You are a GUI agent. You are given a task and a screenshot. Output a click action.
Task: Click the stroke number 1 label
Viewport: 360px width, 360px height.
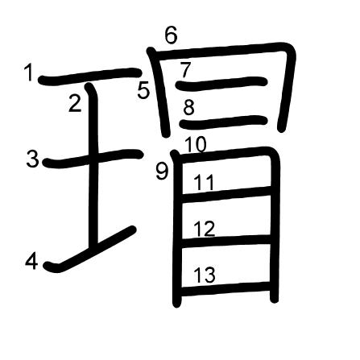[28, 73]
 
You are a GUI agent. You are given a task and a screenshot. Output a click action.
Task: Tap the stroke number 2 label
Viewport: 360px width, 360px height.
[75, 103]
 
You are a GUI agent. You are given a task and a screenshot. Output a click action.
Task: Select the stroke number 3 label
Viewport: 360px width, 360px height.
[33, 159]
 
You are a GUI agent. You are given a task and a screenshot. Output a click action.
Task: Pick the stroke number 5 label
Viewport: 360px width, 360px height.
[143, 90]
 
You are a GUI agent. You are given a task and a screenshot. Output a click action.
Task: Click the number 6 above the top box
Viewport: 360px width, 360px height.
[172, 35]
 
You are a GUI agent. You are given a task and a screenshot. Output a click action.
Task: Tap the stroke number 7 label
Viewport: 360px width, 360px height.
[185, 70]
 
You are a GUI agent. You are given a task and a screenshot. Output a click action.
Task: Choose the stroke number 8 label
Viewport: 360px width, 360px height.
[188, 108]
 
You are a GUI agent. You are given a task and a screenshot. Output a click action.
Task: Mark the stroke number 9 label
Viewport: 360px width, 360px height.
[162, 172]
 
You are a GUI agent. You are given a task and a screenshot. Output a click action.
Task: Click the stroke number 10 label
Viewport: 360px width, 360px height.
[196, 145]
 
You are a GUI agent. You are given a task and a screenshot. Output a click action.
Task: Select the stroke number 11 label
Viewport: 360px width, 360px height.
[205, 183]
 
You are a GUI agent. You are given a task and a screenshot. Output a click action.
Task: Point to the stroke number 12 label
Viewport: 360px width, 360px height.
[205, 229]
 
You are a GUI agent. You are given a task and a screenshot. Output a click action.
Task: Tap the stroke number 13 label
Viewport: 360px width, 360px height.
[205, 275]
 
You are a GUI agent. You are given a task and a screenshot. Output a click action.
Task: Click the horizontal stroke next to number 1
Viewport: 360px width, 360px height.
[90, 77]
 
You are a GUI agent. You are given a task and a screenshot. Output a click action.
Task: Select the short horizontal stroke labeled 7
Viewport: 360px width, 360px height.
[221, 83]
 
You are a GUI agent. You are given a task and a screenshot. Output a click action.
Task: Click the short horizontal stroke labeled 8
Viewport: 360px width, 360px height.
[223, 122]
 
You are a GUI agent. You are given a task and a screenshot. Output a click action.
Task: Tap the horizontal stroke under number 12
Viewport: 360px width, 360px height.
[226, 241]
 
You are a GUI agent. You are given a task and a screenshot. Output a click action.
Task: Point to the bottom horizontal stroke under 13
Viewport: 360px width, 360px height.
[226, 288]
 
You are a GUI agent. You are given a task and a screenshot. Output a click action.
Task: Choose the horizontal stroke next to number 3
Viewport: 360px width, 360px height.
[93, 159]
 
